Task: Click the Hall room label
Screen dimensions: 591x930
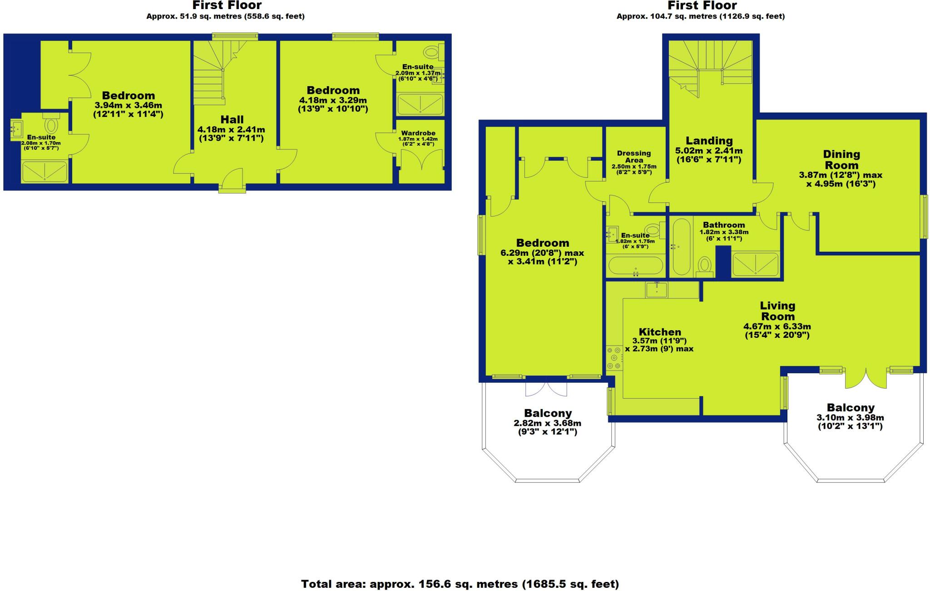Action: click(x=232, y=120)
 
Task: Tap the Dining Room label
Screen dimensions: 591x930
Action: click(x=841, y=160)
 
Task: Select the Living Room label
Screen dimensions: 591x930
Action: click(x=777, y=311)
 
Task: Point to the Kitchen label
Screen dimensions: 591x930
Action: click(x=660, y=332)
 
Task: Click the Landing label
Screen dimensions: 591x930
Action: click(x=709, y=141)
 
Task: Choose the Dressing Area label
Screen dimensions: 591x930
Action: click(x=634, y=156)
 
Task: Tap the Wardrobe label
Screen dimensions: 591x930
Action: click(x=418, y=133)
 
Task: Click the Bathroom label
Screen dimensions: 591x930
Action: click(x=724, y=225)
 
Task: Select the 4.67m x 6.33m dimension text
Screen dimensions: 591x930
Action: click(x=777, y=327)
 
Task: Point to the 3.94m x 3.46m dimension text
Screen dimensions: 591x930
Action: click(x=129, y=105)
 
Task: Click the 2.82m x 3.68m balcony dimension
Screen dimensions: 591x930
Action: click(x=547, y=423)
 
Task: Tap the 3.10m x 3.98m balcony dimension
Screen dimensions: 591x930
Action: click(x=850, y=418)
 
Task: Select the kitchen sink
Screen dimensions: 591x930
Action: click(x=657, y=288)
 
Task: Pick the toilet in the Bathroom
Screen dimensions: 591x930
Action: click(x=705, y=265)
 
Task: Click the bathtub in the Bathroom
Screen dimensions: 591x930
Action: click(x=681, y=247)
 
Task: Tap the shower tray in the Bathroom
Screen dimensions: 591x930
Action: click(x=755, y=264)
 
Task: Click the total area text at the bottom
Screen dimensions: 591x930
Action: click(x=460, y=584)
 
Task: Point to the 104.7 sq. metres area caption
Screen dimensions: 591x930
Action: click(x=700, y=16)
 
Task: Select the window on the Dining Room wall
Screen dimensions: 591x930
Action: click(x=923, y=216)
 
